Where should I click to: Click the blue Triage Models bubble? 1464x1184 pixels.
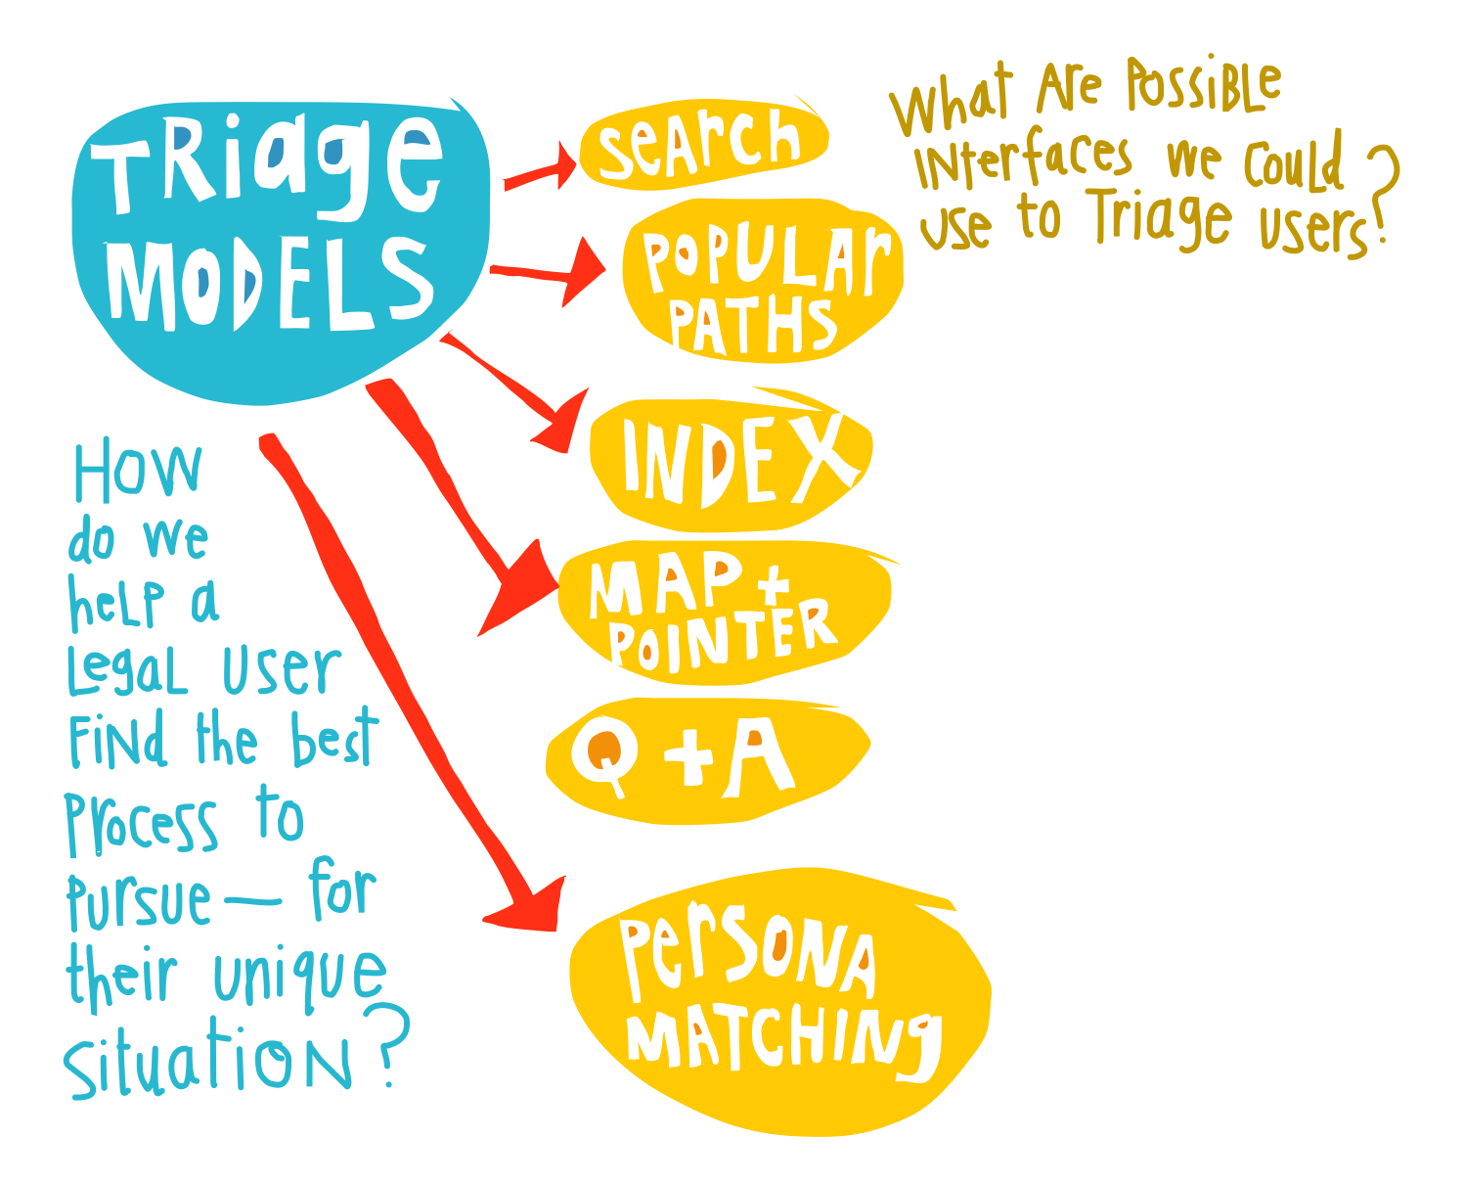coord(279,250)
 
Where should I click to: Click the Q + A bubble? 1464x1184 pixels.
coord(704,758)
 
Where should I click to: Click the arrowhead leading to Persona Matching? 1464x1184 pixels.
coord(533,905)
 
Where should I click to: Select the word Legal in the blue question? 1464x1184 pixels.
coord(127,672)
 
